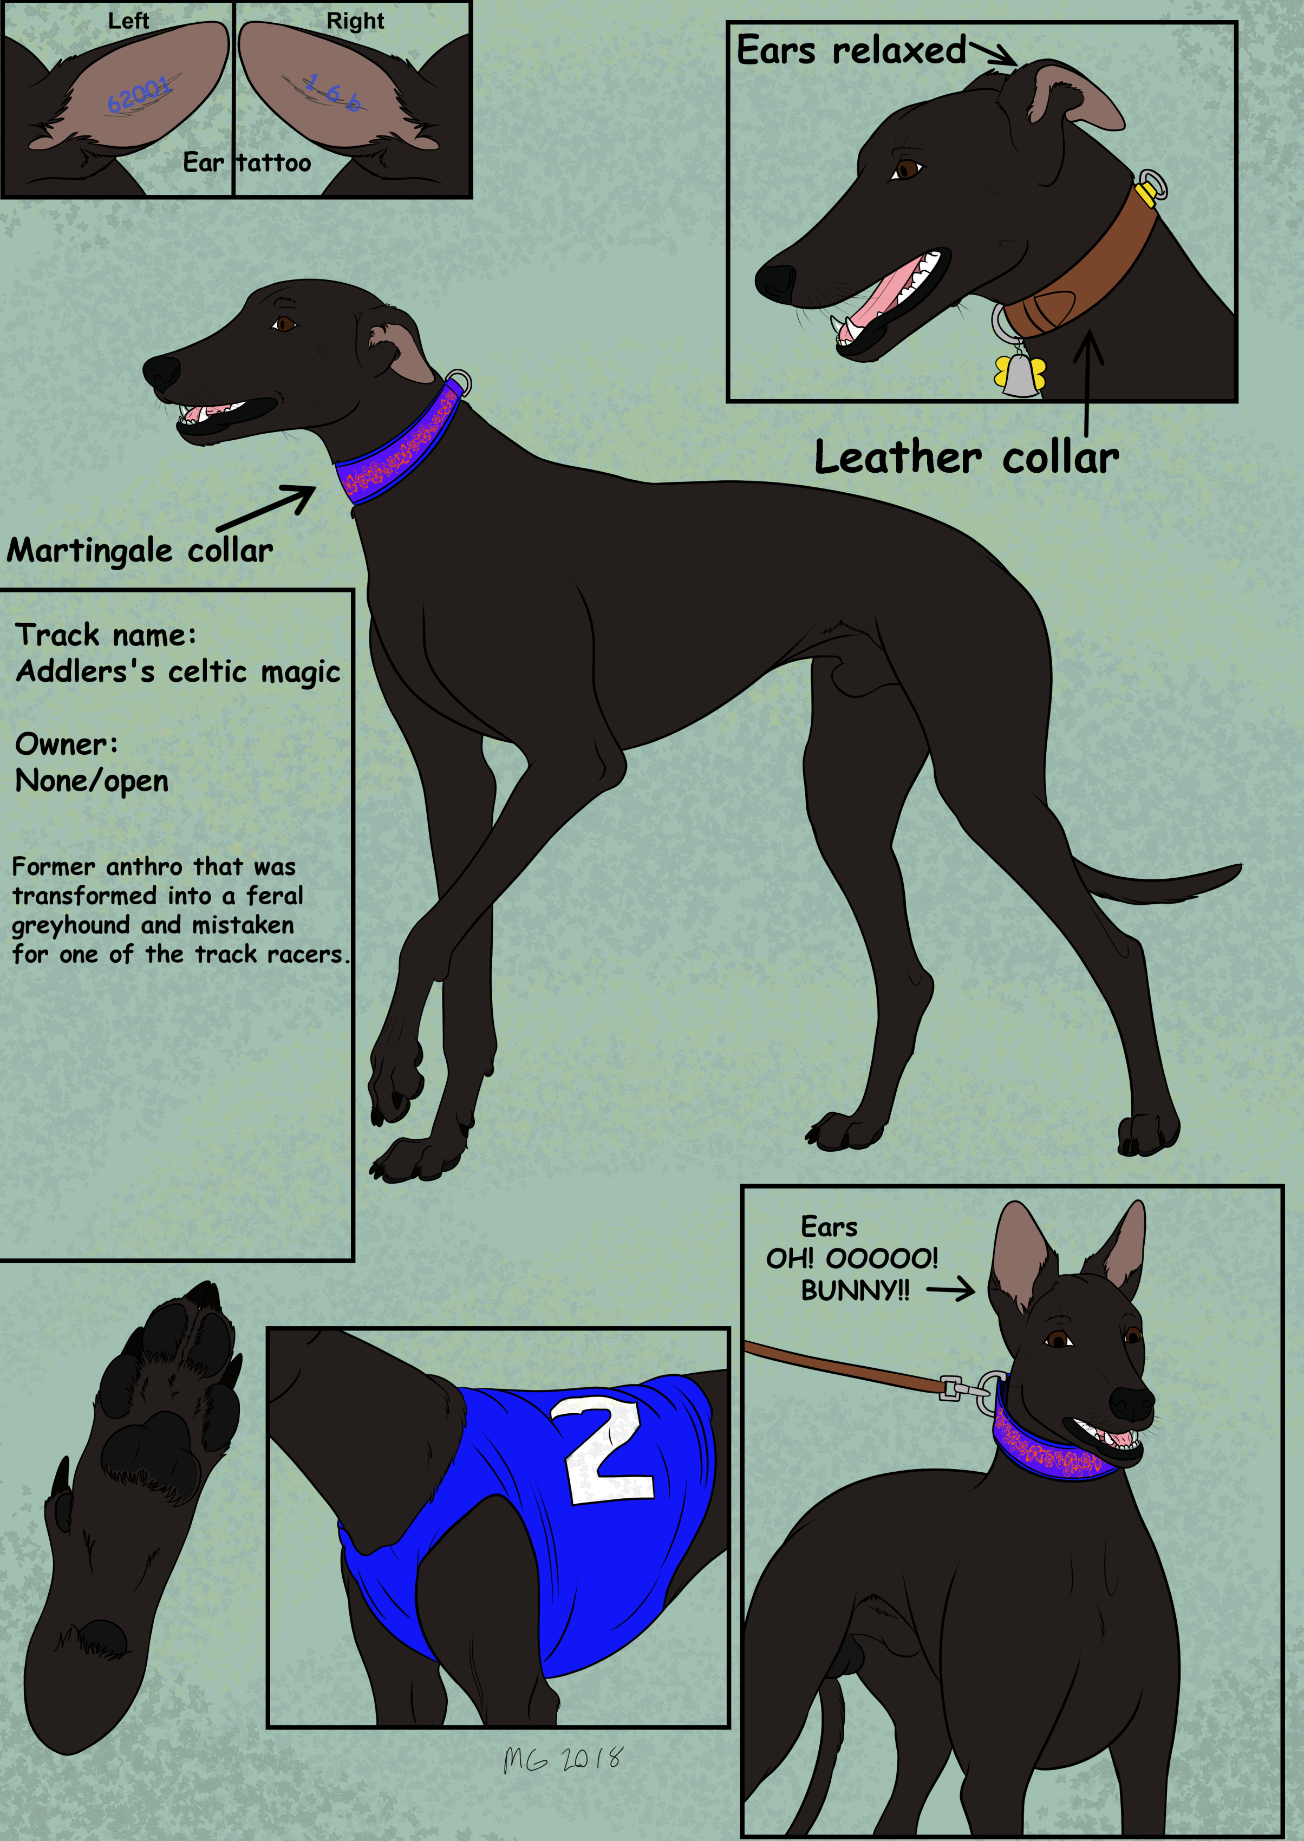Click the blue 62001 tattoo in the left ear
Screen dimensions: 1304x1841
140,95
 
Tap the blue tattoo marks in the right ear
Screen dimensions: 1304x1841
333,92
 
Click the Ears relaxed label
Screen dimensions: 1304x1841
851,50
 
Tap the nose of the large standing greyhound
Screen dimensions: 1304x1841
163,371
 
